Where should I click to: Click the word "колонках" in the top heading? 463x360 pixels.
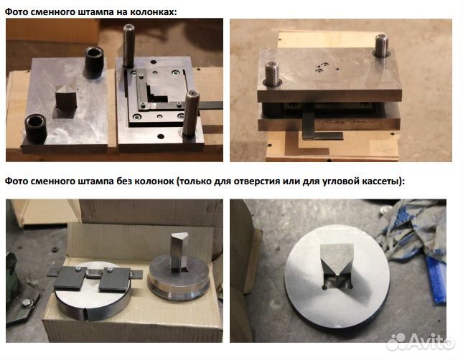tap(152, 11)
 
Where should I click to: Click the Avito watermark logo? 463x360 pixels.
tap(421, 341)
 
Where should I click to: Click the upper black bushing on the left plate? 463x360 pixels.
tap(94, 62)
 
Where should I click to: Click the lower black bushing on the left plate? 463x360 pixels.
tap(35, 128)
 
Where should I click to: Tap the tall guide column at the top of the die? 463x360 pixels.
tap(128, 45)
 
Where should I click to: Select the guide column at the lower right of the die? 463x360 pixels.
tap(191, 113)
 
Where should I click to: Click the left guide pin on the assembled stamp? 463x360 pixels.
tap(272, 74)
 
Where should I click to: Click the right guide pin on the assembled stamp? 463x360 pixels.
tap(382, 46)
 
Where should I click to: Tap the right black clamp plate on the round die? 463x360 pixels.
tap(115, 280)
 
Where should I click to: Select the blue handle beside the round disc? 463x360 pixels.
tap(436, 280)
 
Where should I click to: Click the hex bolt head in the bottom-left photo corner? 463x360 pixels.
tap(27, 303)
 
